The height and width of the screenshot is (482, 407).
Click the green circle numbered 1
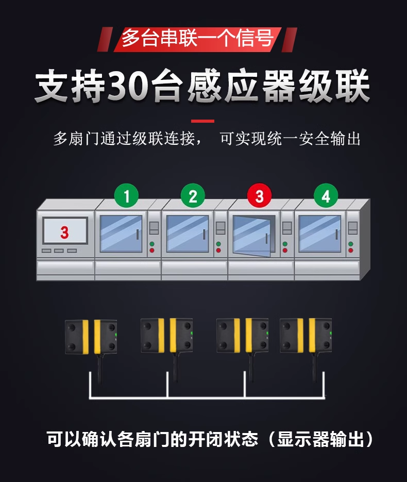coord(126,196)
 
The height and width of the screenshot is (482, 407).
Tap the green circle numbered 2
coord(193,196)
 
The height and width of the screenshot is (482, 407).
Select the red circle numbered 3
coord(259,196)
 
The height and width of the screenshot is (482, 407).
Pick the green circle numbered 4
coord(326,196)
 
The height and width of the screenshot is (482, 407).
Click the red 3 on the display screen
coord(64,232)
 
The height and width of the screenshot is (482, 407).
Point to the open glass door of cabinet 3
coord(251,236)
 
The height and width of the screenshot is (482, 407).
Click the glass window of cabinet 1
coord(121,234)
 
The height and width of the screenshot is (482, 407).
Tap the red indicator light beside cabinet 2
coord(218,250)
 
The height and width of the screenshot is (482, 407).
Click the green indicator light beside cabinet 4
coord(351,244)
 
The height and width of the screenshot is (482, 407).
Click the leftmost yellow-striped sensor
coord(91,336)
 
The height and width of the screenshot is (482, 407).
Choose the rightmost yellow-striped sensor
coord(306,335)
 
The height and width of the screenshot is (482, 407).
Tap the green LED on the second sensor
coord(191,333)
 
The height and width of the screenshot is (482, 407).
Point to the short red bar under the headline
coord(202,121)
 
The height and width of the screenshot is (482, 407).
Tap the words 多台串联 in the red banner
coord(159,39)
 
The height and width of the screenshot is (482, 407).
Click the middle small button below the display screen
coord(59,251)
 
